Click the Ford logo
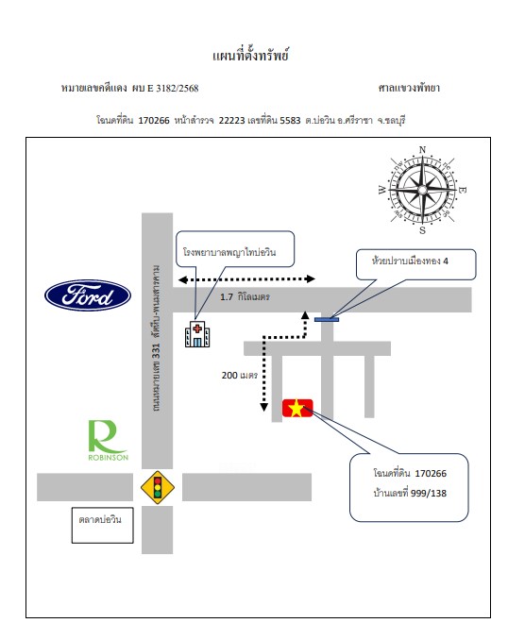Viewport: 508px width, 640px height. (x=88, y=295)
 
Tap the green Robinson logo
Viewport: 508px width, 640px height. (x=109, y=441)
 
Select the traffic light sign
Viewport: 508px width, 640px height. (x=158, y=487)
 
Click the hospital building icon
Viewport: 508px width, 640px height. (x=197, y=334)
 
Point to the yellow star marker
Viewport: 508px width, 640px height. (x=297, y=408)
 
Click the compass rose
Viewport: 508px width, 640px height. (x=423, y=190)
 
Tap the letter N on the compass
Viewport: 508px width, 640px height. (x=423, y=150)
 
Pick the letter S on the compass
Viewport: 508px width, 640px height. (x=423, y=230)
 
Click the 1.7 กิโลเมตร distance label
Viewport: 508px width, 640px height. (x=245, y=296)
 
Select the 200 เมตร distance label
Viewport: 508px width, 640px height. (x=239, y=375)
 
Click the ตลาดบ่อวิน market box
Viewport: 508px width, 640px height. (x=103, y=525)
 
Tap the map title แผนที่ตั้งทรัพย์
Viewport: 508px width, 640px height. (x=250, y=55)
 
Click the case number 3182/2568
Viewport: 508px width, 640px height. (x=178, y=88)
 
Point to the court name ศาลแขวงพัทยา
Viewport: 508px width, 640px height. (x=409, y=88)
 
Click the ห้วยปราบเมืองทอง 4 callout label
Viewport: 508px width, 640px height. (x=410, y=261)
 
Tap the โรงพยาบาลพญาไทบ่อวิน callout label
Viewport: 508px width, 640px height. (x=229, y=252)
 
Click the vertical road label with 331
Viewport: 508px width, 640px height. (x=156, y=338)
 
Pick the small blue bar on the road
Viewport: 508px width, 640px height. (x=327, y=320)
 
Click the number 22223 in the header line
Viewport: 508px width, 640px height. (x=231, y=121)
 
